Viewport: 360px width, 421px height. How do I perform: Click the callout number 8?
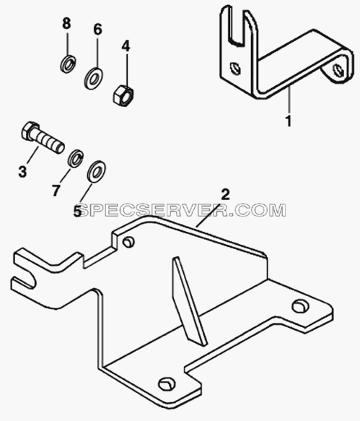point(66,23)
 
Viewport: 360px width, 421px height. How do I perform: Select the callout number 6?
point(97,30)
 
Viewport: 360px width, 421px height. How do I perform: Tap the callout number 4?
point(126,46)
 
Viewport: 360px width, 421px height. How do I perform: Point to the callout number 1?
point(289,121)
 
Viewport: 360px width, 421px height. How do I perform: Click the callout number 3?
point(22,171)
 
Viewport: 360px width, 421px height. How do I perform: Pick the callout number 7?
point(56,191)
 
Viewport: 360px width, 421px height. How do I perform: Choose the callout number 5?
point(77,211)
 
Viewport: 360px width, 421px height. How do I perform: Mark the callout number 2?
point(225,195)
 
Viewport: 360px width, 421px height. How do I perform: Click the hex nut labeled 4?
point(123,95)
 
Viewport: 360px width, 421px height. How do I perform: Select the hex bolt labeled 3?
point(43,138)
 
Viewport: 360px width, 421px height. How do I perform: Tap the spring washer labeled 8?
point(68,64)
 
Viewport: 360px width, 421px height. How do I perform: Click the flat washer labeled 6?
point(93,78)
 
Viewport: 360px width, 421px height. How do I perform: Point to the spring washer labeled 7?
point(76,158)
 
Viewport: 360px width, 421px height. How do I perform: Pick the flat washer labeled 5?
point(96,172)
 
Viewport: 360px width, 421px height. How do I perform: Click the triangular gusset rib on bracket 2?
point(188,300)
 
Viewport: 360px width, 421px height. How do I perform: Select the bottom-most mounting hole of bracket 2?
point(167,384)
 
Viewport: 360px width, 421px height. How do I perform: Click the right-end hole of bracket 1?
point(338,70)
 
